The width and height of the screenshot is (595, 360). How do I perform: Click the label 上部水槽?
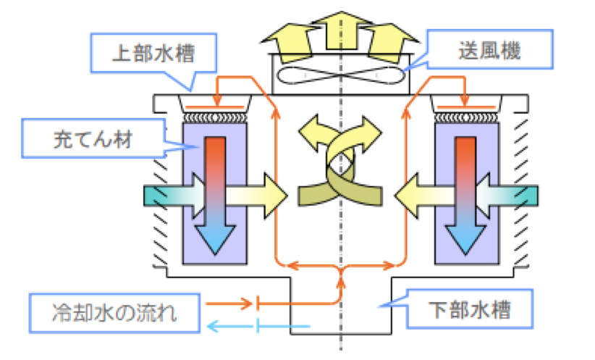(x=153, y=51)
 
